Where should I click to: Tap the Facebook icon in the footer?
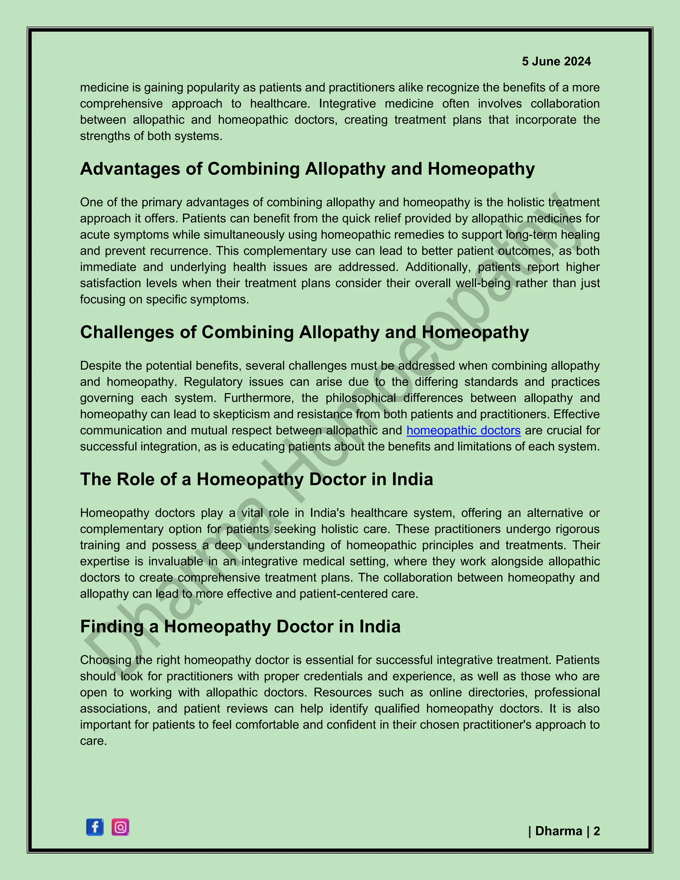[95, 827]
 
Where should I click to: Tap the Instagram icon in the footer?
[120, 827]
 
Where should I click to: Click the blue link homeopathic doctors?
[463, 430]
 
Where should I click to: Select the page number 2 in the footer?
[597, 831]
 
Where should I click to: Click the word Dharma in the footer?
[558, 831]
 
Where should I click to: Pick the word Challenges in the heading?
[127, 332]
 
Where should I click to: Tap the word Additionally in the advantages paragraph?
[439, 267]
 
